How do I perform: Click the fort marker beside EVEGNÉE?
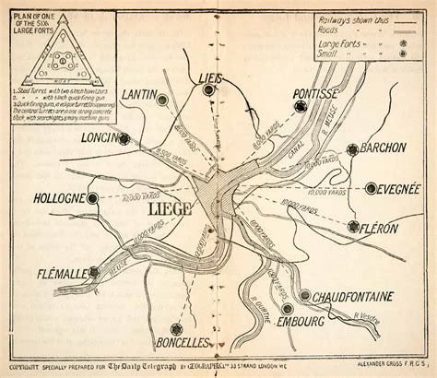(371, 188)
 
